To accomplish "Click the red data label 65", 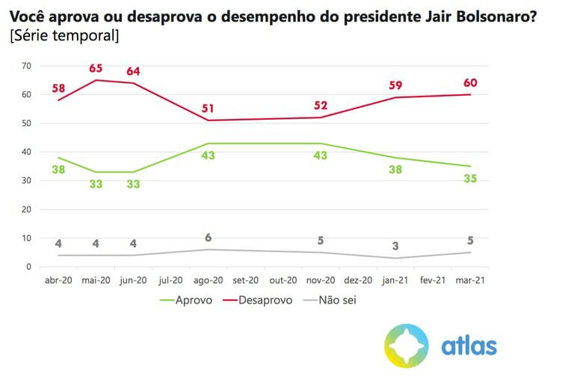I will click(x=96, y=69).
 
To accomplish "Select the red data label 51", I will click(x=209, y=105).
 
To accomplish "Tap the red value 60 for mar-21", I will click(x=470, y=82).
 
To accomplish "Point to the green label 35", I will click(x=470, y=179).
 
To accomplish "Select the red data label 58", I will click(x=59, y=89).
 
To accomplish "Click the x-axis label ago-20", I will click(x=209, y=281).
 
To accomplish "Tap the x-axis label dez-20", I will click(x=358, y=281).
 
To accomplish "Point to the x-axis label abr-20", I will click(x=58, y=281).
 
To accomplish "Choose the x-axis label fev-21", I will click(x=433, y=281).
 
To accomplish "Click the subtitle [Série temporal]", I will click(x=64, y=35).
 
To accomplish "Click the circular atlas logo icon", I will click(x=407, y=346).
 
